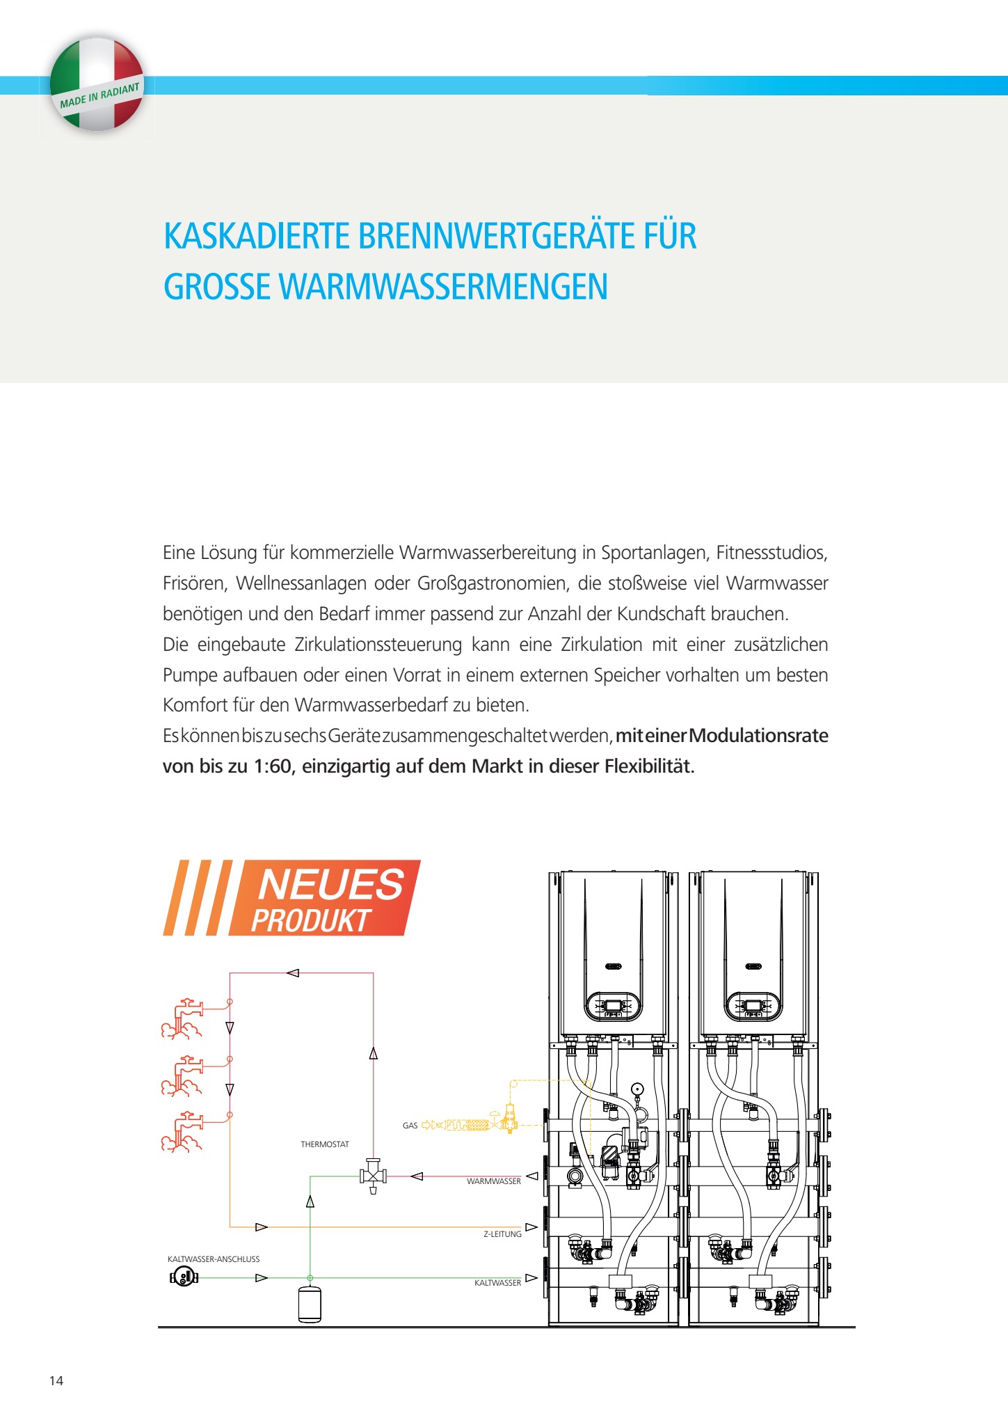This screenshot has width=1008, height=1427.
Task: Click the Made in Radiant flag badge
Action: (97, 84)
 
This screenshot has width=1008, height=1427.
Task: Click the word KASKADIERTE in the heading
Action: (256, 236)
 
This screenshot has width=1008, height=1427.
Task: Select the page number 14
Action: (56, 1381)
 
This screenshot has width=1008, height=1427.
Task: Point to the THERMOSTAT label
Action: (325, 1144)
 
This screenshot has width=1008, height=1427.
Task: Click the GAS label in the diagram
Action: (410, 1126)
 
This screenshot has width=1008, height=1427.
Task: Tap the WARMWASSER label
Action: (493, 1181)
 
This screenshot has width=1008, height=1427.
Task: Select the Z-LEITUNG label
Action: (502, 1234)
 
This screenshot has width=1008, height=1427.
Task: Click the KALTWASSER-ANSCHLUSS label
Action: (214, 1259)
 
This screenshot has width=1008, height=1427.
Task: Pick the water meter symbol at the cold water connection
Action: (184, 1277)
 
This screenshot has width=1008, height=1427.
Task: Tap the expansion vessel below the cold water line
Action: (310, 1304)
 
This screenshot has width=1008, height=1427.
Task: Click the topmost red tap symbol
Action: (183, 1019)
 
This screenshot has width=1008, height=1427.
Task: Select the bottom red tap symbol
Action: (183, 1132)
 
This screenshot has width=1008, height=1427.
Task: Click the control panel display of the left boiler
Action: (613, 1006)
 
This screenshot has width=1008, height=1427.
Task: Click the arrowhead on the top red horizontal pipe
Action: (293, 973)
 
